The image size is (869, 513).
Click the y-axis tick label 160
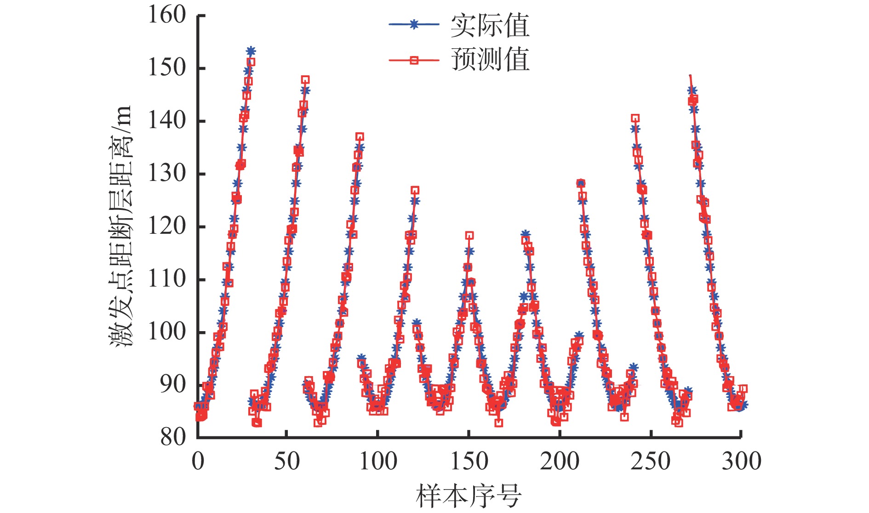click(166, 15)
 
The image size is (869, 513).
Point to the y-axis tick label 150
click(166, 68)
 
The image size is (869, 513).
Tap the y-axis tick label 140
click(166, 121)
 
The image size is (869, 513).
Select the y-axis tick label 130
click(166, 174)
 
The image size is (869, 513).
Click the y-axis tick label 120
click(166, 226)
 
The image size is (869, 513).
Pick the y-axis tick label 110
click(166, 279)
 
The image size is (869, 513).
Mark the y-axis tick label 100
click(166, 332)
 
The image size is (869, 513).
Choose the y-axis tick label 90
click(173, 384)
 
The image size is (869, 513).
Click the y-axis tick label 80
click(173, 437)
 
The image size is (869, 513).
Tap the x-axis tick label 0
click(198, 461)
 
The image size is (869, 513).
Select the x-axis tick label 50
click(287, 461)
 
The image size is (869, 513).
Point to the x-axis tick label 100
click(378, 461)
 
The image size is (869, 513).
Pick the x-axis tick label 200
click(560, 461)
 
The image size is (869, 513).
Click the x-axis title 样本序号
click(469, 496)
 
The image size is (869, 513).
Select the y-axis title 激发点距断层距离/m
click(120, 226)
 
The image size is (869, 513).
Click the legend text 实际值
click(490, 26)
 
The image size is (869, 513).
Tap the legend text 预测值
click(490, 60)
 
